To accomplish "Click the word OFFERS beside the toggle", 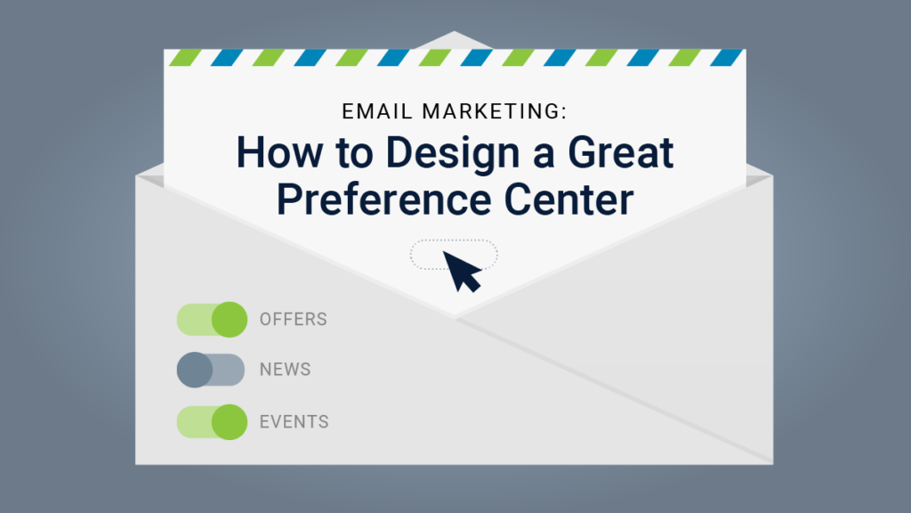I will click(294, 319).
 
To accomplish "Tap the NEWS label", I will click(285, 370).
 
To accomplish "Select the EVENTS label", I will click(294, 421).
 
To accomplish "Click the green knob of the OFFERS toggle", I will click(230, 319).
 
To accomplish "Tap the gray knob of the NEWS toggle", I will click(194, 370).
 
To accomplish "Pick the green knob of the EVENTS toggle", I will click(230, 421).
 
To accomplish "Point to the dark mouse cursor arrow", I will click(460, 269).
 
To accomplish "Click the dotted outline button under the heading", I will click(427, 253).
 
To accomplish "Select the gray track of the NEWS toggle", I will click(228, 370).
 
